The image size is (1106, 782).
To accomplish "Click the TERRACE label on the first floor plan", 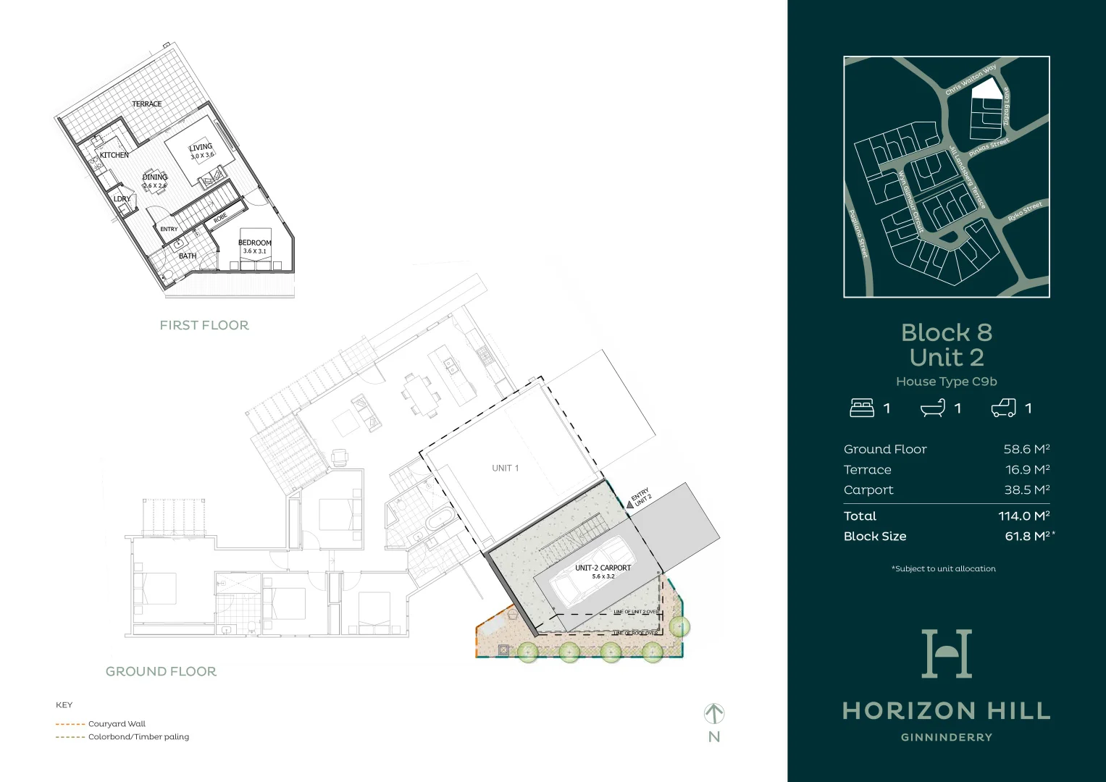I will coord(147,104).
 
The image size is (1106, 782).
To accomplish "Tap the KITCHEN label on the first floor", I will coord(114,155).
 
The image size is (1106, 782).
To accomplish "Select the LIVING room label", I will coord(201,147).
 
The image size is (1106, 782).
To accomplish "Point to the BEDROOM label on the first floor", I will coord(255,243).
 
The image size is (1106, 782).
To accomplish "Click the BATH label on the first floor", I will coord(188,256).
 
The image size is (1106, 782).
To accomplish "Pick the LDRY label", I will coord(122,198).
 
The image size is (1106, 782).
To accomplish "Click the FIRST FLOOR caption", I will coord(204,325).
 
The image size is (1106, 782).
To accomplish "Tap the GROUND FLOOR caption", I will coord(161,671).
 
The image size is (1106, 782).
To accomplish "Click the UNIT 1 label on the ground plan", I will coord(505,468).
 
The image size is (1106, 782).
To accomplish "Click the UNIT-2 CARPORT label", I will coord(603,568).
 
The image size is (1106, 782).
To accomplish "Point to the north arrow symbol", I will coord(714,714).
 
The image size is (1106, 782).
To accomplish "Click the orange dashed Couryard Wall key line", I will coord(70,724).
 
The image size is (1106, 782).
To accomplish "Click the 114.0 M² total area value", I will coord(1023,516).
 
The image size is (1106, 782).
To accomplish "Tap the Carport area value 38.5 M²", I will coord(1026,490).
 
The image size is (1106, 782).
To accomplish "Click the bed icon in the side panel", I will coord(862,408).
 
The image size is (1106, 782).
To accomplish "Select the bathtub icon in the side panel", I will coord(933,408).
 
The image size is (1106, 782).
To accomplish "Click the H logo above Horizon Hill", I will coord(947,653).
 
